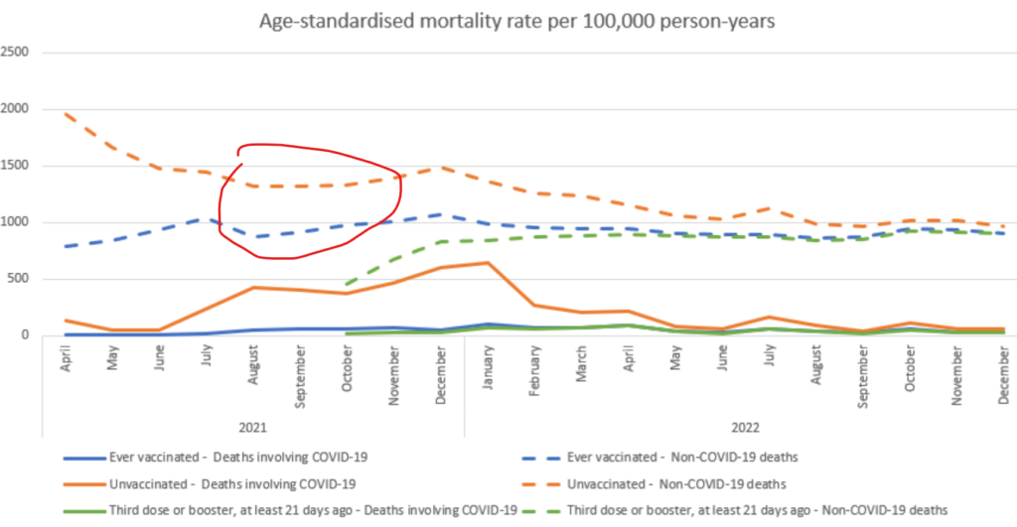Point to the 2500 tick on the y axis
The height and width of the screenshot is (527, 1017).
[17, 52]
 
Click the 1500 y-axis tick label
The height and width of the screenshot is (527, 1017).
[17, 165]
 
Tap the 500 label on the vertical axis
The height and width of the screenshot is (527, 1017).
[23, 279]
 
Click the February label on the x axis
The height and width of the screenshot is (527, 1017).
[535, 367]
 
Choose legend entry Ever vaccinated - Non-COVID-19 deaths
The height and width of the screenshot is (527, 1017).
[686, 459]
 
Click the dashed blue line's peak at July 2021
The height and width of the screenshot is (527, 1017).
[206, 218]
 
